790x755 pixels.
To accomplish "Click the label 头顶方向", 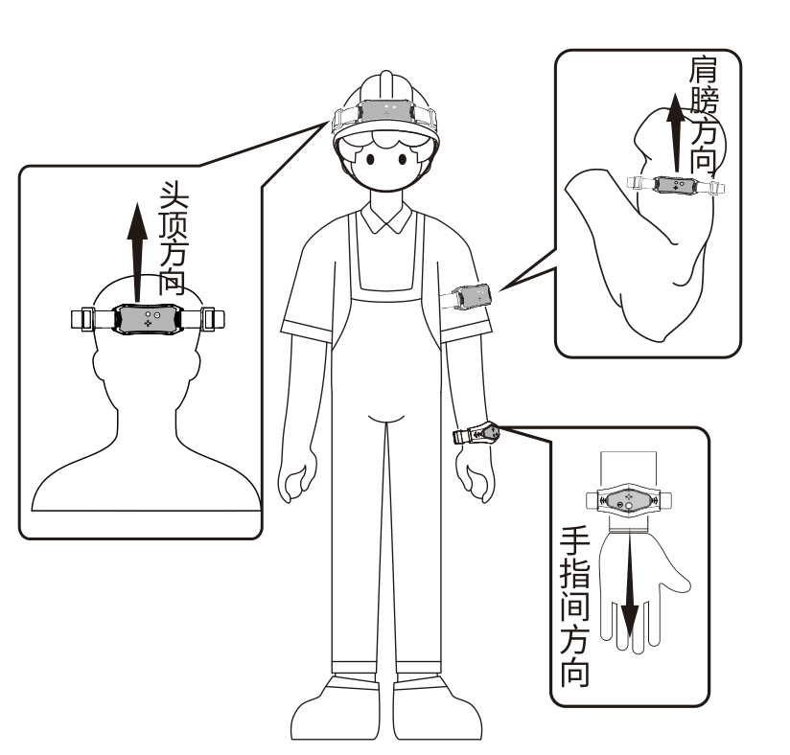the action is tap(173, 239).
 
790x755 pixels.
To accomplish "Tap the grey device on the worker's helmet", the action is tap(386, 111).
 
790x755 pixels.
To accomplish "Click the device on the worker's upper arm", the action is tap(473, 296).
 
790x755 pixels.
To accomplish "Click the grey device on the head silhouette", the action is tap(147, 318).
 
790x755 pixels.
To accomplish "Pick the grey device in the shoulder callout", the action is tap(675, 184).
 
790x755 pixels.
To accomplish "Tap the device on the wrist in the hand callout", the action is tap(628, 500).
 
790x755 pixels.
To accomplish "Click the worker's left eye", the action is tap(370, 159).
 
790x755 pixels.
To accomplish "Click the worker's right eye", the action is tap(403, 159).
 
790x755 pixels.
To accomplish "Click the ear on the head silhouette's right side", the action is tap(196, 365).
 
